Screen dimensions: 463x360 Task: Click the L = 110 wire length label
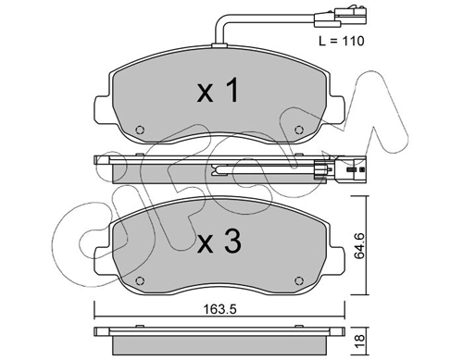[x=342, y=41]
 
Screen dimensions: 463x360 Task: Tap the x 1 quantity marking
[x=218, y=90]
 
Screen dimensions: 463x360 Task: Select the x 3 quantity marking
[x=219, y=242]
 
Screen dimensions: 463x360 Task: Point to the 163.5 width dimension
[x=219, y=309]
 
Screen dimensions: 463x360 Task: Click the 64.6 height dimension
[x=359, y=245]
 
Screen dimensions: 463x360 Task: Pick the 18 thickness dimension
[x=359, y=341]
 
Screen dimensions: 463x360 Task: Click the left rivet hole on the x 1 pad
[x=140, y=130]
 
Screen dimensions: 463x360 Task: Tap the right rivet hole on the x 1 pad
[x=298, y=130]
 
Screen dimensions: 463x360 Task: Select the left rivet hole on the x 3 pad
[x=140, y=280]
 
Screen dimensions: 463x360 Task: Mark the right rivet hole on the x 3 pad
[x=298, y=280]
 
